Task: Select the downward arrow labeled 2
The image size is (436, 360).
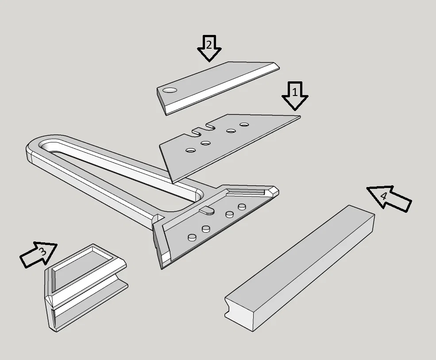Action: pos(209,48)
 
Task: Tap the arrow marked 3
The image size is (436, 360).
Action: pos(39,254)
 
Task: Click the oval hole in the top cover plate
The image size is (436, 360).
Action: pos(170,90)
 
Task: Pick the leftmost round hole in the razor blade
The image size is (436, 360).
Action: pos(190,150)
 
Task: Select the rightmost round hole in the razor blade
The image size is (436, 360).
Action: pos(244,124)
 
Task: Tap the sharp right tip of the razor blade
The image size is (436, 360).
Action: pos(300,117)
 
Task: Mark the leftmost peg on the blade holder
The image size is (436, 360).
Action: pos(192,237)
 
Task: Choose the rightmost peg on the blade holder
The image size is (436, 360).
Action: pos(242,207)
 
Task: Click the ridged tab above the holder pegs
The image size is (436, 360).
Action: pos(207,211)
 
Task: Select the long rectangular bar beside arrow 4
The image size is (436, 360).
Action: pos(300,268)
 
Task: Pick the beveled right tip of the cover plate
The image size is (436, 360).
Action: pos(276,66)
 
